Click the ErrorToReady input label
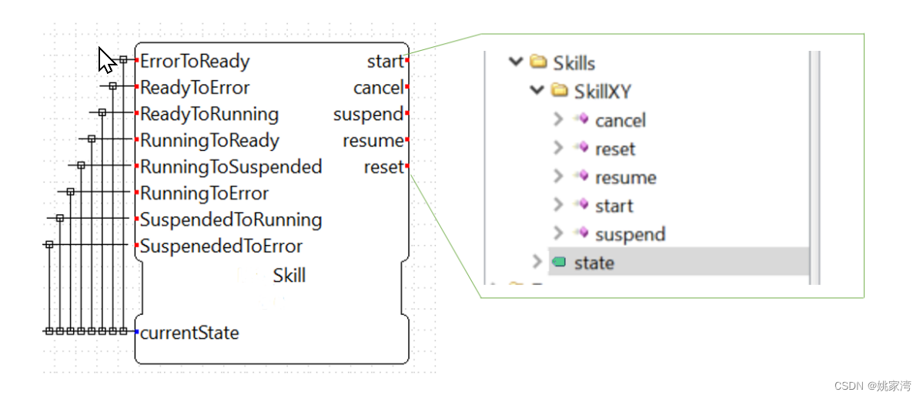pos(195,62)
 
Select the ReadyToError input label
pos(195,88)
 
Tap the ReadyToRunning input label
pos(209,115)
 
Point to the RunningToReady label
pos(209,141)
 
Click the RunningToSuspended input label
pos(231,167)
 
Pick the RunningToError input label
pos(204,193)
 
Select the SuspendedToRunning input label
pos(231,220)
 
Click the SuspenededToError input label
pos(221,246)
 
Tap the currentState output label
pos(189,333)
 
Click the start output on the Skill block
pos(385,62)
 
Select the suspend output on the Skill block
pos(368,115)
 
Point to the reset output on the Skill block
pos(383,167)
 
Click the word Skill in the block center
pos(289,275)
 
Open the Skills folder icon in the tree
pos(539,62)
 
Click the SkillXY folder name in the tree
pos(603,92)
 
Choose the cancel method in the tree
pos(620,120)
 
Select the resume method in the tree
pos(625,178)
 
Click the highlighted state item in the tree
pos(594,263)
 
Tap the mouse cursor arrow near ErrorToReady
pos(106,59)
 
